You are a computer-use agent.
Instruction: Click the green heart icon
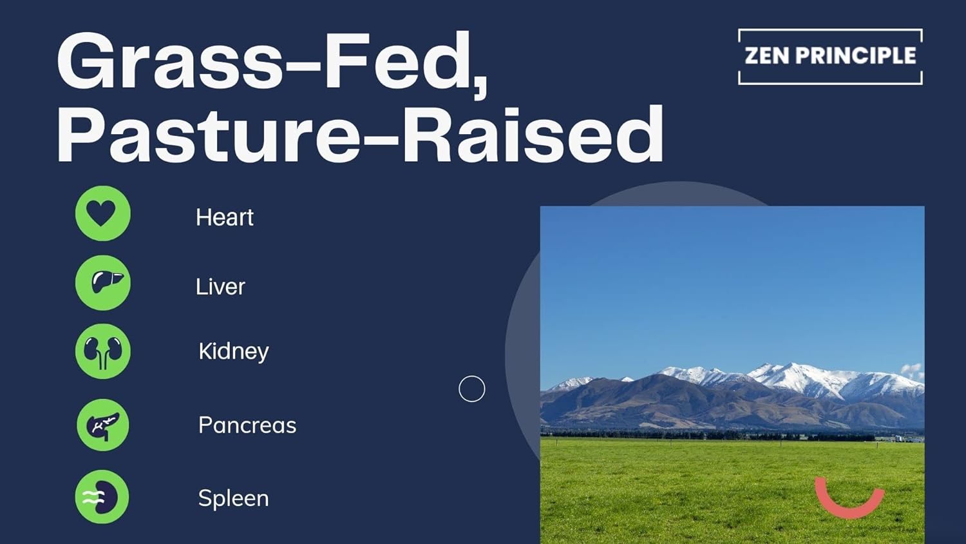(102, 213)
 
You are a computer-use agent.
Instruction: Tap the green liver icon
(102, 282)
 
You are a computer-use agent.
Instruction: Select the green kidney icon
(102, 351)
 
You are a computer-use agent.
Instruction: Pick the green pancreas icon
(102, 425)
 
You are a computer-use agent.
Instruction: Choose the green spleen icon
(102, 497)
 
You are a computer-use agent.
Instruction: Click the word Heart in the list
(224, 217)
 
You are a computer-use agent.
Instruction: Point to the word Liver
(220, 286)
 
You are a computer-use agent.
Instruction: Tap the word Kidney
(233, 351)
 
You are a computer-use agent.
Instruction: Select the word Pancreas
(247, 425)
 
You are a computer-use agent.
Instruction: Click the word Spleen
(233, 498)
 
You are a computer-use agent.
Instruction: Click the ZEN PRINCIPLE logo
(830, 56)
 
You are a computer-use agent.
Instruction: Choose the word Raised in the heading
(533, 135)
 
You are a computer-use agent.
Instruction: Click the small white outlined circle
(471, 389)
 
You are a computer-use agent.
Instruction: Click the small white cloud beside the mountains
(912, 371)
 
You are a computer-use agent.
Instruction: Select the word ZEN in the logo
(766, 56)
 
